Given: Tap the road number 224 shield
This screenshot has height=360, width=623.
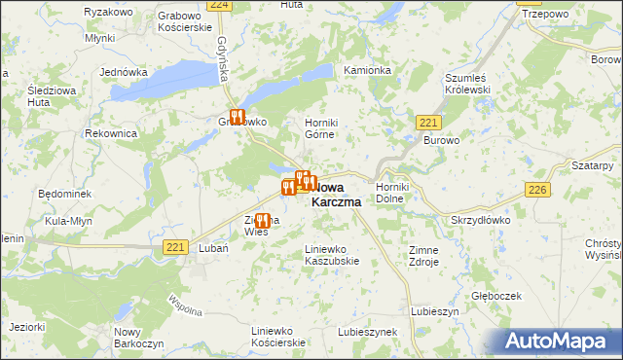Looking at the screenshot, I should (220, 5).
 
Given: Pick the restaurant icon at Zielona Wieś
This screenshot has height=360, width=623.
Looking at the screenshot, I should (261, 221).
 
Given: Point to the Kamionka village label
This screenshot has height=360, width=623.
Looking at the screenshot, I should (367, 71).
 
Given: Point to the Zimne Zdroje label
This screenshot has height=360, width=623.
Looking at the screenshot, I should (424, 256).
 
